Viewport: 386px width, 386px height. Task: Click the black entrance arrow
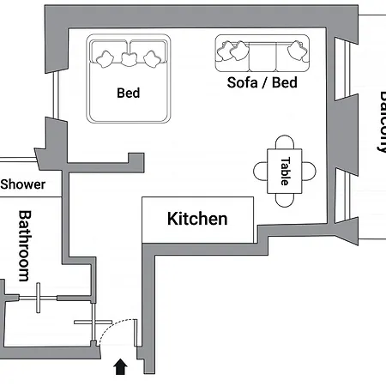click(x=120, y=367)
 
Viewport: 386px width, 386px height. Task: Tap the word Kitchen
click(x=197, y=219)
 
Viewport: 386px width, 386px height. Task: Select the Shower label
click(x=23, y=184)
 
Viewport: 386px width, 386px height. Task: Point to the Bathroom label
click(x=24, y=245)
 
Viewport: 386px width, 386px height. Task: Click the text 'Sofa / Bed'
click(x=262, y=83)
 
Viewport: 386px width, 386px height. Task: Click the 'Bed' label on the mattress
click(x=128, y=93)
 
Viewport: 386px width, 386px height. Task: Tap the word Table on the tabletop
click(x=285, y=171)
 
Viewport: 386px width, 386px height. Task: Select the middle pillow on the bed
click(x=129, y=58)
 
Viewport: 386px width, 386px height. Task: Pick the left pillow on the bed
click(x=106, y=57)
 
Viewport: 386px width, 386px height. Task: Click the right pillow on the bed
click(x=152, y=57)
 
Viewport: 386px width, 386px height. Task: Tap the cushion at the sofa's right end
click(x=297, y=51)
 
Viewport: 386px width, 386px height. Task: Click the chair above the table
click(x=285, y=142)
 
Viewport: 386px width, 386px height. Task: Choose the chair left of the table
click(x=261, y=171)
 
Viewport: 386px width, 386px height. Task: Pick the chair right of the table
click(x=309, y=171)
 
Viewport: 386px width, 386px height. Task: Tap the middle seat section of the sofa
click(x=262, y=57)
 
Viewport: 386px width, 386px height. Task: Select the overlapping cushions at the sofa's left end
click(x=229, y=52)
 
